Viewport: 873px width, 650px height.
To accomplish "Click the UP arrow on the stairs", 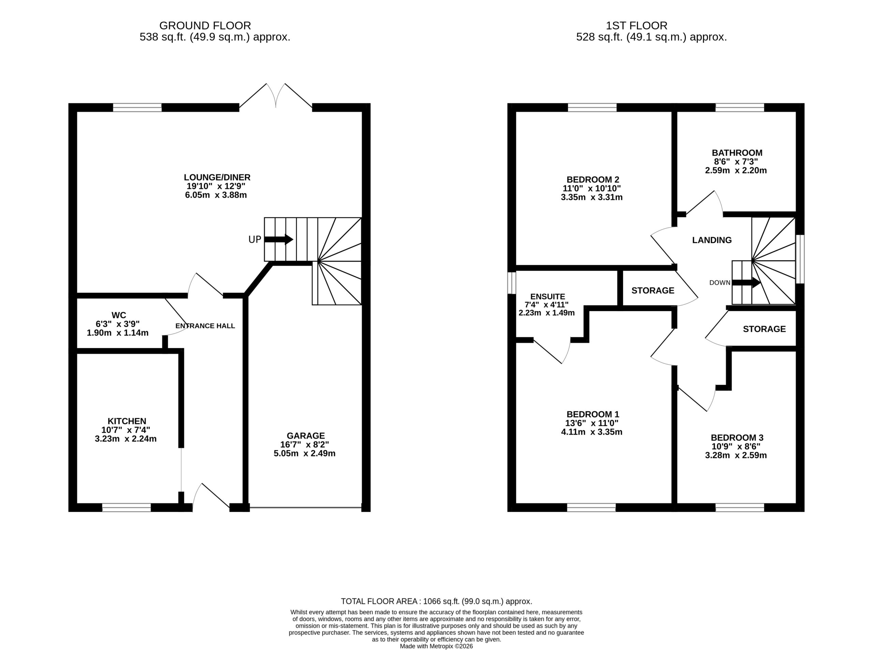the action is click(x=278, y=239).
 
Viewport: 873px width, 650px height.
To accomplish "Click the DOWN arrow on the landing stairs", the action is click(x=746, y=282).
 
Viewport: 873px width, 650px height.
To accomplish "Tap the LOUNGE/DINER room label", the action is click(x=217, y=177).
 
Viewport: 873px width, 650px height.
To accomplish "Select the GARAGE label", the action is click(x=306, y=436).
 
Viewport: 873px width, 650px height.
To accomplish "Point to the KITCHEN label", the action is click(x=127, y=421).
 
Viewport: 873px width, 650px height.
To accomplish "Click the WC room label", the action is click(x=119, y=315).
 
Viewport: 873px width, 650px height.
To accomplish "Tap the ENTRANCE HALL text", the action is click(x=205, y=326).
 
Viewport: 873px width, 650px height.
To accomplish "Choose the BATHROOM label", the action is click(x=737, y=153).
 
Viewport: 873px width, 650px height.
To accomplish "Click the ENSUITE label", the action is click(x=548, y=297).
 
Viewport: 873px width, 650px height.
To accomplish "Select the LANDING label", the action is click(x=712, y=240).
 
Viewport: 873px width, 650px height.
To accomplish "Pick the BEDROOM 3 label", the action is click(x=737, y=437).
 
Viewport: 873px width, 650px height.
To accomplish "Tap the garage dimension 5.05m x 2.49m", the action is click(x=305, y=453).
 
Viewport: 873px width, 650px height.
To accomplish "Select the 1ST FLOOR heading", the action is click(x=637, y=26).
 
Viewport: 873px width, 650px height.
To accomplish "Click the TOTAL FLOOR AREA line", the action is click(x=436, y=601).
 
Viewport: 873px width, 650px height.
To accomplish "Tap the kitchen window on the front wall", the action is click(x=127, y=508).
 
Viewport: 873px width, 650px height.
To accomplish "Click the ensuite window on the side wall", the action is click(x=512, y=283).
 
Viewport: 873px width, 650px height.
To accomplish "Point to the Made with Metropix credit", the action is click(x=436, y=646).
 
